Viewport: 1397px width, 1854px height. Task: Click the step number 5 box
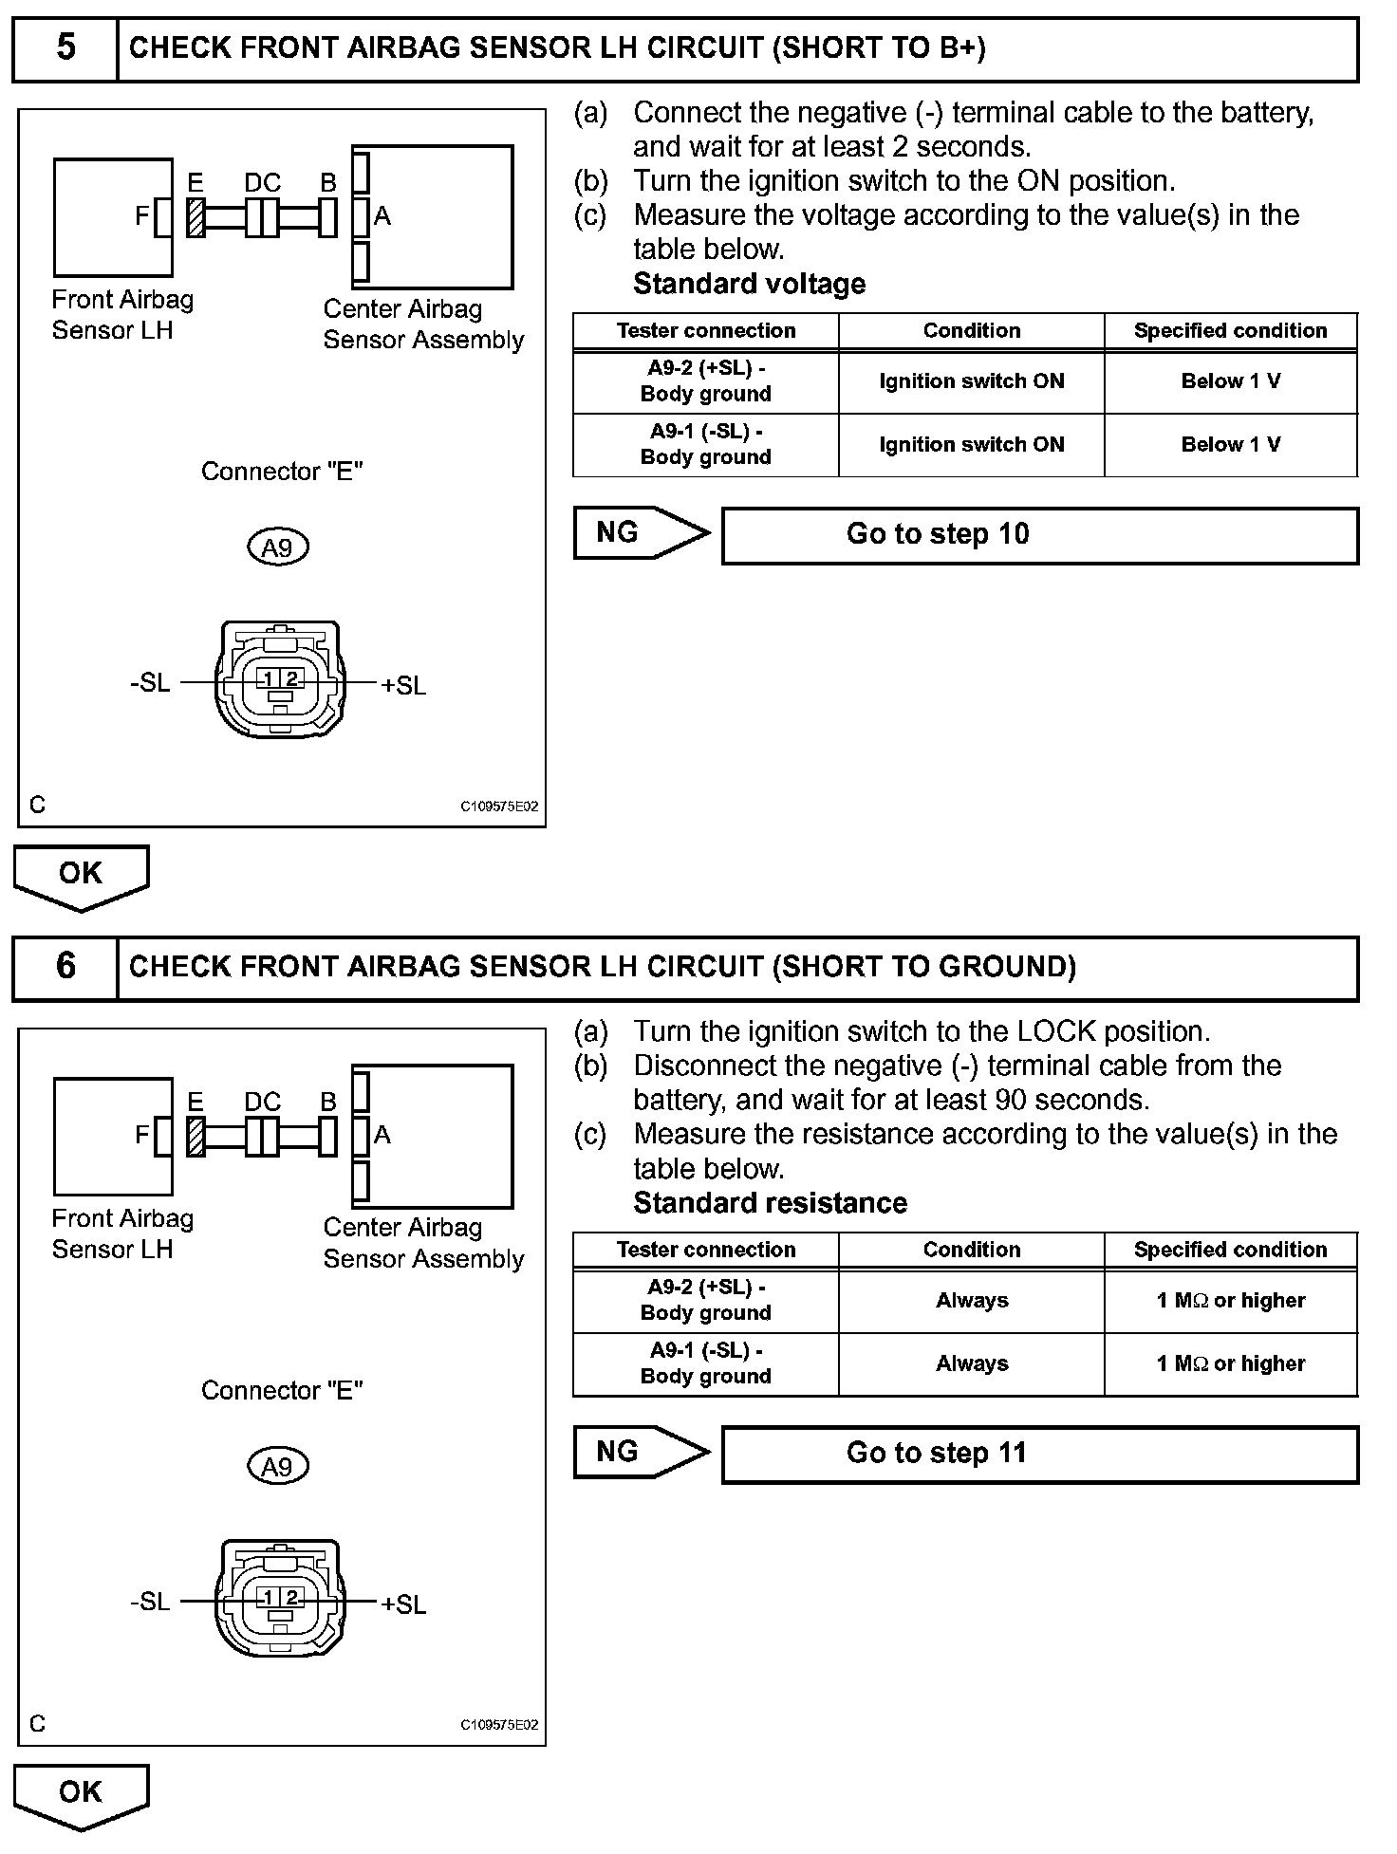(x=65, y=47)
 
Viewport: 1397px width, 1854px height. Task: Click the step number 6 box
(x=65, y=966)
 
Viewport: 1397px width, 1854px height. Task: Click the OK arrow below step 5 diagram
(x=81, y=876)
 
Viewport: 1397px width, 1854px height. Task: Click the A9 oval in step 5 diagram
(x=277, y=547)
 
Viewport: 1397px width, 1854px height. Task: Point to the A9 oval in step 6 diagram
(x=277, y=1467)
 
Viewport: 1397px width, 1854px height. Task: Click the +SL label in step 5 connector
(x=403, y=685)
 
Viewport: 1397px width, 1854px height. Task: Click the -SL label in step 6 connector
(x=150, y=1602)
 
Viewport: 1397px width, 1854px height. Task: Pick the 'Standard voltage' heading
(x=749, y=284)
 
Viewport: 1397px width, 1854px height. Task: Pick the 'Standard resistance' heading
(x=770, y=1203)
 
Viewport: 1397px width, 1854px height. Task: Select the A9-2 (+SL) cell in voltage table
(x=705, y=380)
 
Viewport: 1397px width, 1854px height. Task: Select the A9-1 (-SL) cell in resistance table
(x=705, y=1363)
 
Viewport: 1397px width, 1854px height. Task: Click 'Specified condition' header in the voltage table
(x=1230, y=330)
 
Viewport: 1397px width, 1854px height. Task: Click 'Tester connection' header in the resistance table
(x=705, y=1250)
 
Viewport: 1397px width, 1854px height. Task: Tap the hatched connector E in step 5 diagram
(x=196, y=217)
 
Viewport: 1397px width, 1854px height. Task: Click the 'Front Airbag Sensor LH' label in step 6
(x=122, y=1233)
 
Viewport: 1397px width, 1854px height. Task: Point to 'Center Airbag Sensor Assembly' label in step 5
(x=423, y=324)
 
